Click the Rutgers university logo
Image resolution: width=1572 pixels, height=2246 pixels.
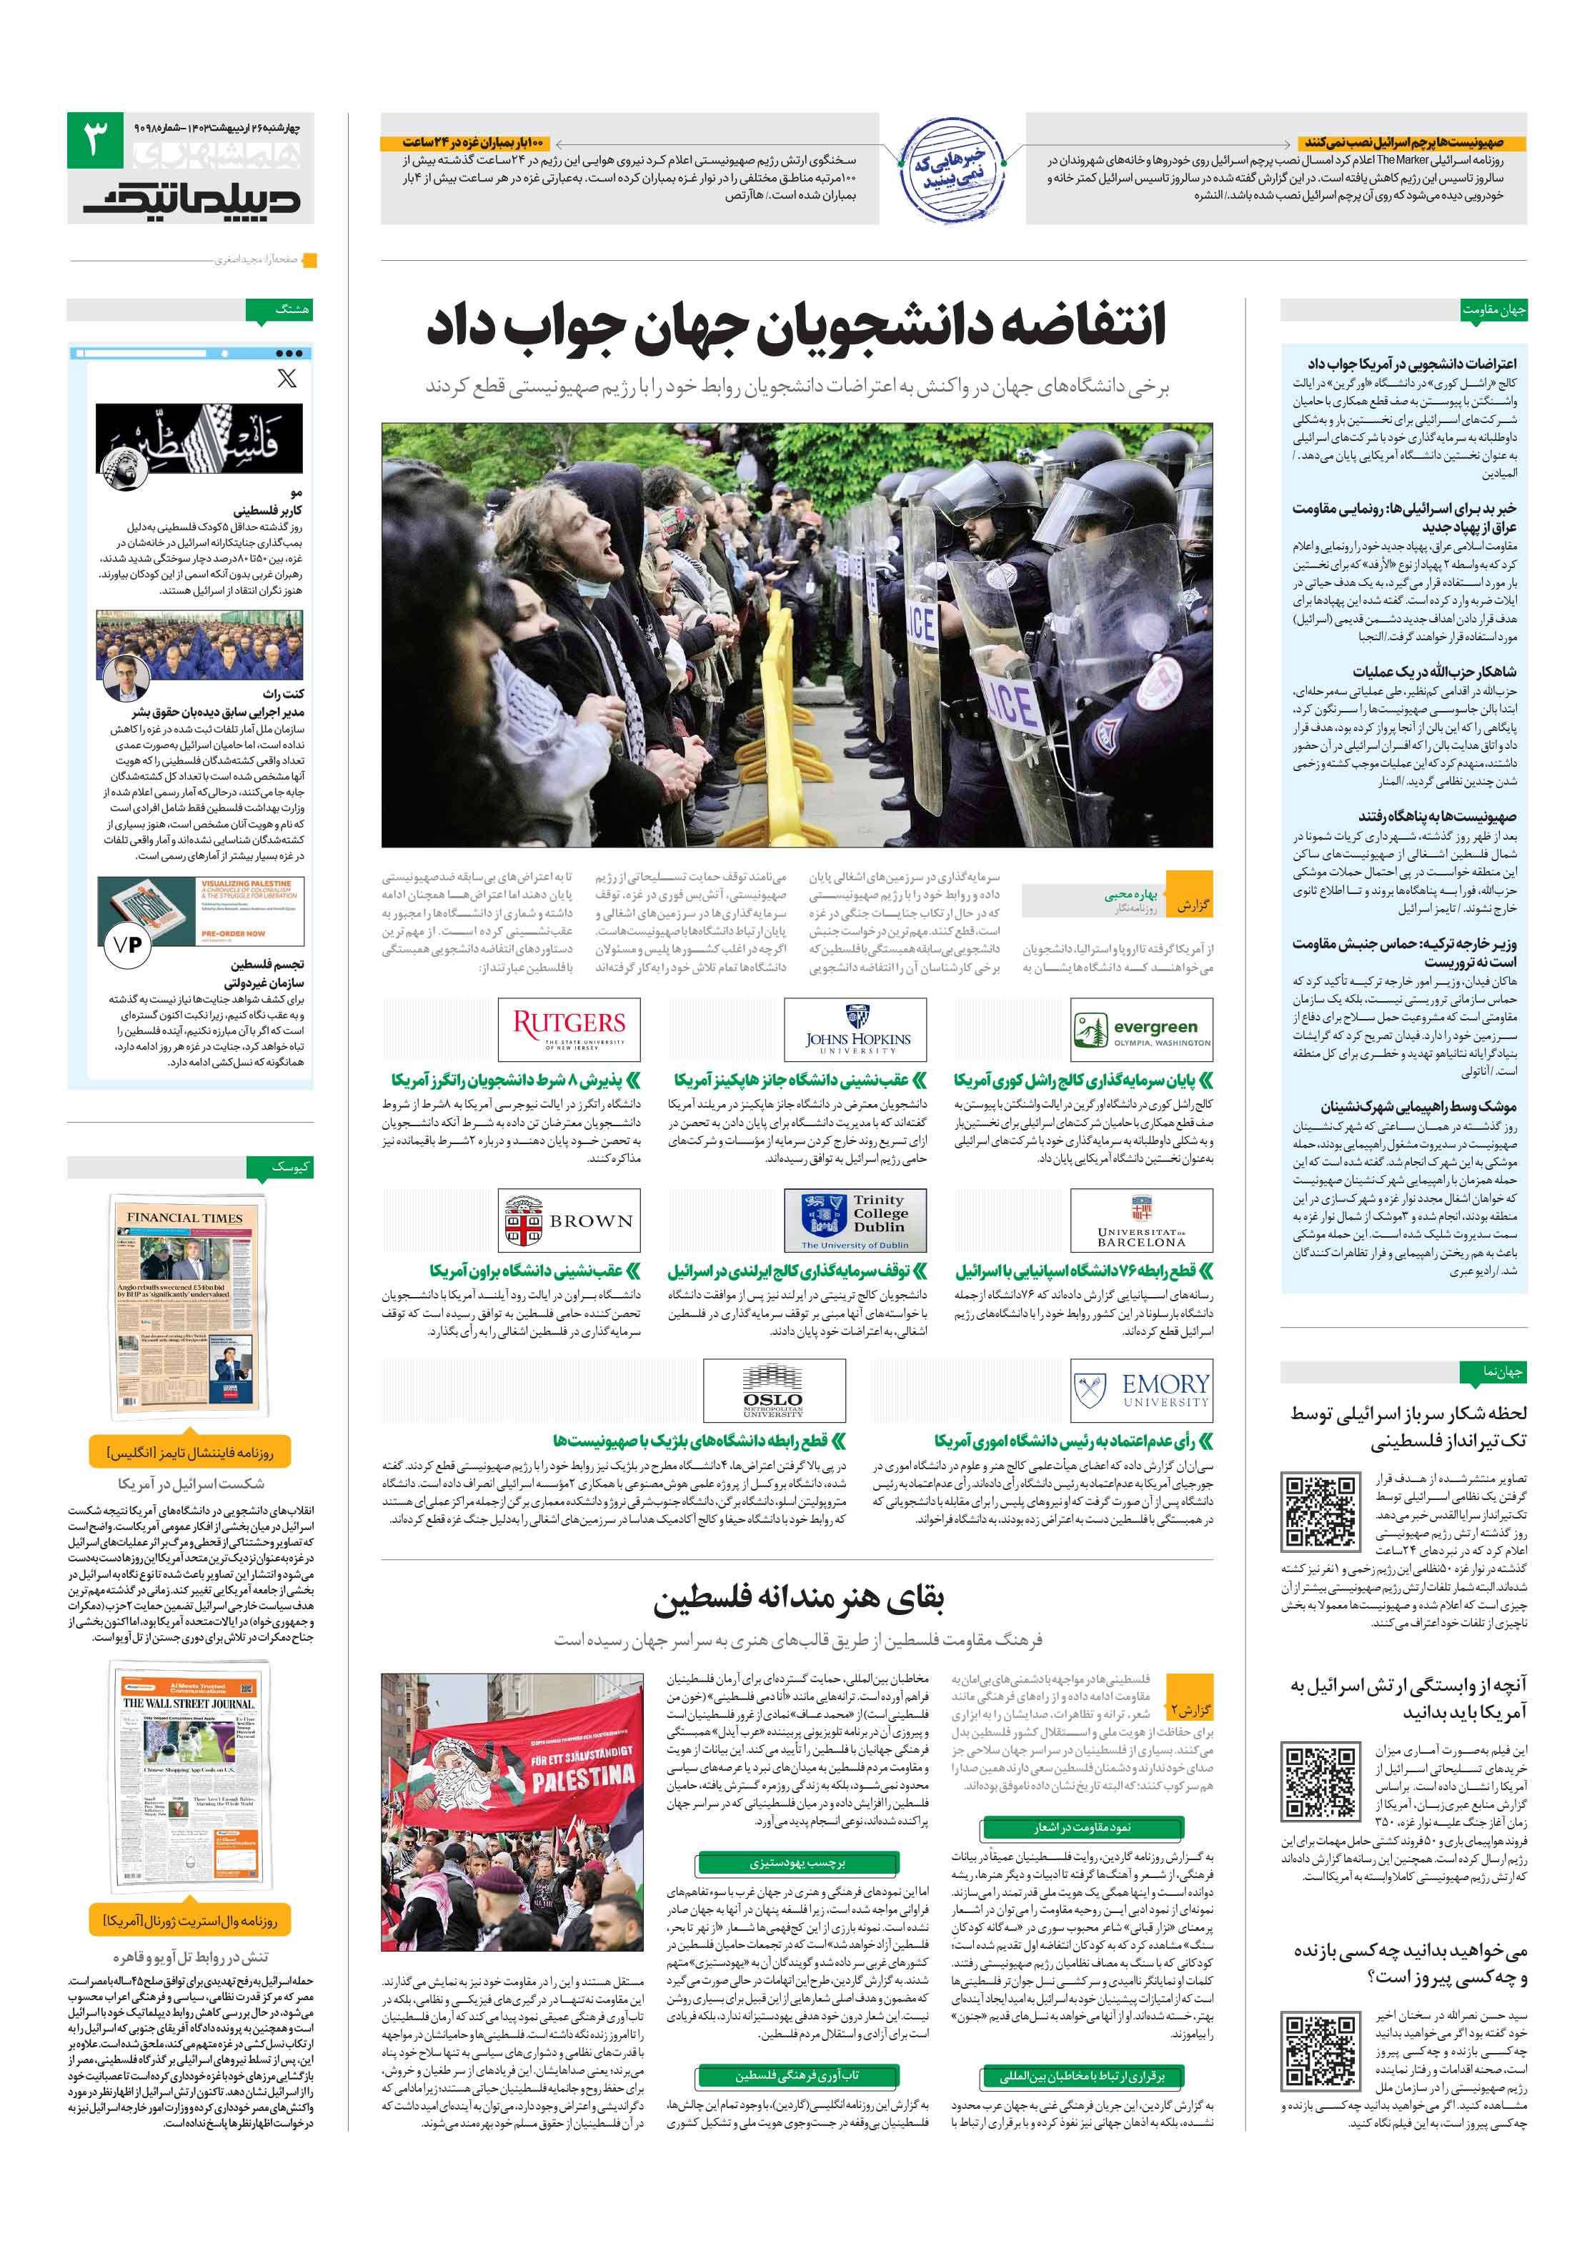point(569,1029)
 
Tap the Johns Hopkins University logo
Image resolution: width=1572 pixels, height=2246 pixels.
point(856,1029)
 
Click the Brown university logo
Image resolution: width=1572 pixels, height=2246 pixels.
point(569,1220)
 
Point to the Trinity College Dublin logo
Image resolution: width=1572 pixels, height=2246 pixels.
point(856,1220)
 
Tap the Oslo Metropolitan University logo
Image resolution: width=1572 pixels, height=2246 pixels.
point(774,1389)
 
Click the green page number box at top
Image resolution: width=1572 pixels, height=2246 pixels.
point(95,140)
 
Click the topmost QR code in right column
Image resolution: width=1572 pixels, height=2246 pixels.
point(1320,1509)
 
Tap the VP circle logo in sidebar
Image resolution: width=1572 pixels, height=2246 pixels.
point(128,944)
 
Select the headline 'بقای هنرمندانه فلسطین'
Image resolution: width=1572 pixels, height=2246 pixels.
point(798,1599)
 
